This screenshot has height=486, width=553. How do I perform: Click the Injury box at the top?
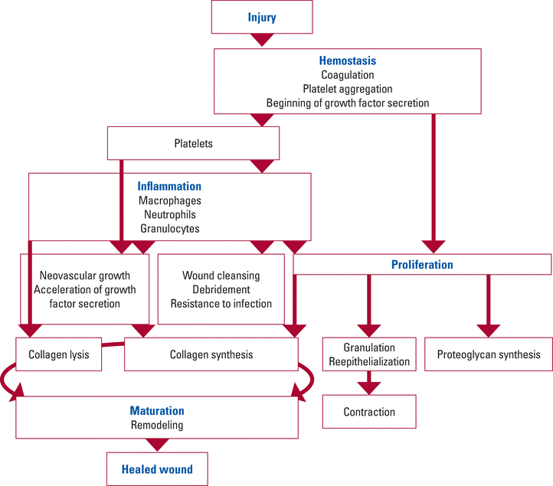pyautogui.click(x=262, y=17)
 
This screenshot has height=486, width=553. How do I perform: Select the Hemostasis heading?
pyautogui.click(x=348, y=60)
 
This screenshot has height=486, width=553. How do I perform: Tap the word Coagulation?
pyautogui.click(x=348, y=75)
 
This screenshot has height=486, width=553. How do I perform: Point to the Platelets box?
pyautogui.click(x=193, y=143)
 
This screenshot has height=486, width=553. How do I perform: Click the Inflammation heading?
pyautogui.click(x=169, y=186)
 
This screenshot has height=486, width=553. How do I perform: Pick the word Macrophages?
pyautogui.click(x=169, y=201)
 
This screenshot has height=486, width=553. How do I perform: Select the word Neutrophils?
pyautogui.click(x=169, y=214)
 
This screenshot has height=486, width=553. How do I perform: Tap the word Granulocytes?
pyautogui.click(x=169, y=228)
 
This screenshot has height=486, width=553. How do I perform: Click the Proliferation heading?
pyautogui.click(x=422, y=264)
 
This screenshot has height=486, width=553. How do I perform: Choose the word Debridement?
pyautogui.click(x=221, y=289)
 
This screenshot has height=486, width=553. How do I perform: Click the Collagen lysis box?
pyautogui.click(x=58, y=354)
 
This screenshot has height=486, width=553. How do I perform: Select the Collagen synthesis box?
pyautogui.click(x=211, y=354)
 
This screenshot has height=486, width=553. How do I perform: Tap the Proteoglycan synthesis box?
pyautogui.click(x=489, y=354)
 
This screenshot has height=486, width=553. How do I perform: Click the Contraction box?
pyautogui.click(x=369, y=412)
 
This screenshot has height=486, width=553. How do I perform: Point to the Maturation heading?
pyautogui.click(x=157, y=410)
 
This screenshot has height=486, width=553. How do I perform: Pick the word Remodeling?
pyautogui.click(x=157, y=425)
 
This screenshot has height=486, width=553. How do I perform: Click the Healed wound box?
pyautogui.click(x=157, y=469)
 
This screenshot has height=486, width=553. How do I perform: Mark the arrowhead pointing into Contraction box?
pyautogui.click(x=369, y=388)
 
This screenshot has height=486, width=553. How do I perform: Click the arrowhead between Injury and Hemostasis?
pyautogui.click(x=262, y=40)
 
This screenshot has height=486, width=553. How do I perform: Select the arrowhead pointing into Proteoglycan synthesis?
pyautogui.click(x=489, y=331)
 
